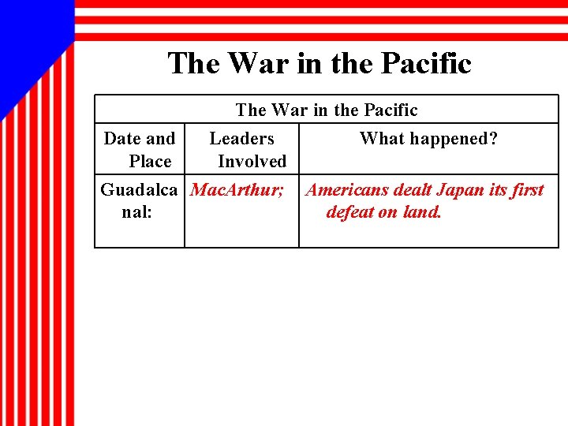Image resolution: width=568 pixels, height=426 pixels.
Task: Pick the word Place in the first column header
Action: (x=150, y=162)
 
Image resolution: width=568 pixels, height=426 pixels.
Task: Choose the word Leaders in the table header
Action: (x=241, y=139)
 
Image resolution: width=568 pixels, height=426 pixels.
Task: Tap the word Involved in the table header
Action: (x=252, y=162)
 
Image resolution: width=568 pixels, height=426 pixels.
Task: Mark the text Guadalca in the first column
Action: (x=139, y=190)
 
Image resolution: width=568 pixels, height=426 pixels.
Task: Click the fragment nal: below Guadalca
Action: (x=138, y=212)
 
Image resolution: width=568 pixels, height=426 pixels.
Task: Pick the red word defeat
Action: (x=351, y=212)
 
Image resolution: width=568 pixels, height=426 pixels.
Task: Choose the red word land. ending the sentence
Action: (x=422, y=212)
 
